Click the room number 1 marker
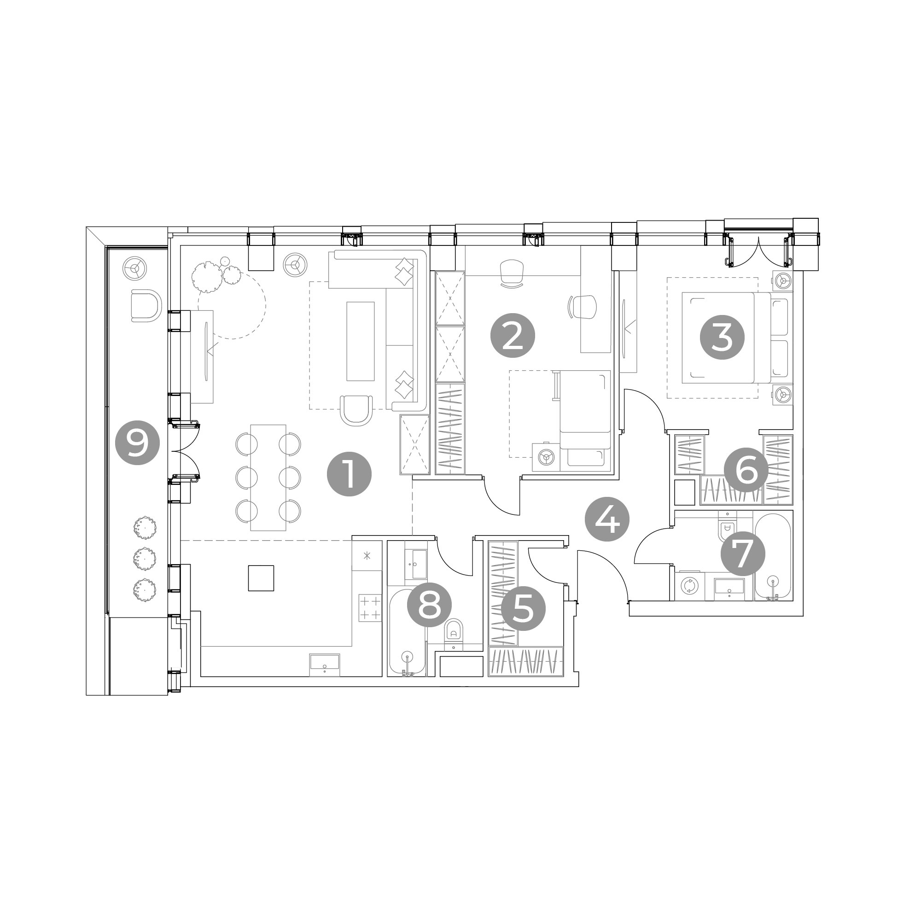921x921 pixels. [x=349, y=474]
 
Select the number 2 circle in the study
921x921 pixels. [x=513, y=336]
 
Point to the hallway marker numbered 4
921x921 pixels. [x=607, y=519]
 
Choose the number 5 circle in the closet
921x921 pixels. [x=524, y=608]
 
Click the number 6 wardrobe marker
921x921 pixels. [x=746, y=470]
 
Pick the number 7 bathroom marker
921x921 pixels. [x=743, y=554]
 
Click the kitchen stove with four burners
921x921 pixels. [x=370, y=608]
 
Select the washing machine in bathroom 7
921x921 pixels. [x=688, y=585]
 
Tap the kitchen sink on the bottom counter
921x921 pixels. [x=325, y=664]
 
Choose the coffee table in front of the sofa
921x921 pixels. [x=361, y=341]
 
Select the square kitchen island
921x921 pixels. [x=261, y=578]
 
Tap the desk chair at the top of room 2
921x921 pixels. [x=512, y=272]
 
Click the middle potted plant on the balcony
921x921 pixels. [x=145, y=558]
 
